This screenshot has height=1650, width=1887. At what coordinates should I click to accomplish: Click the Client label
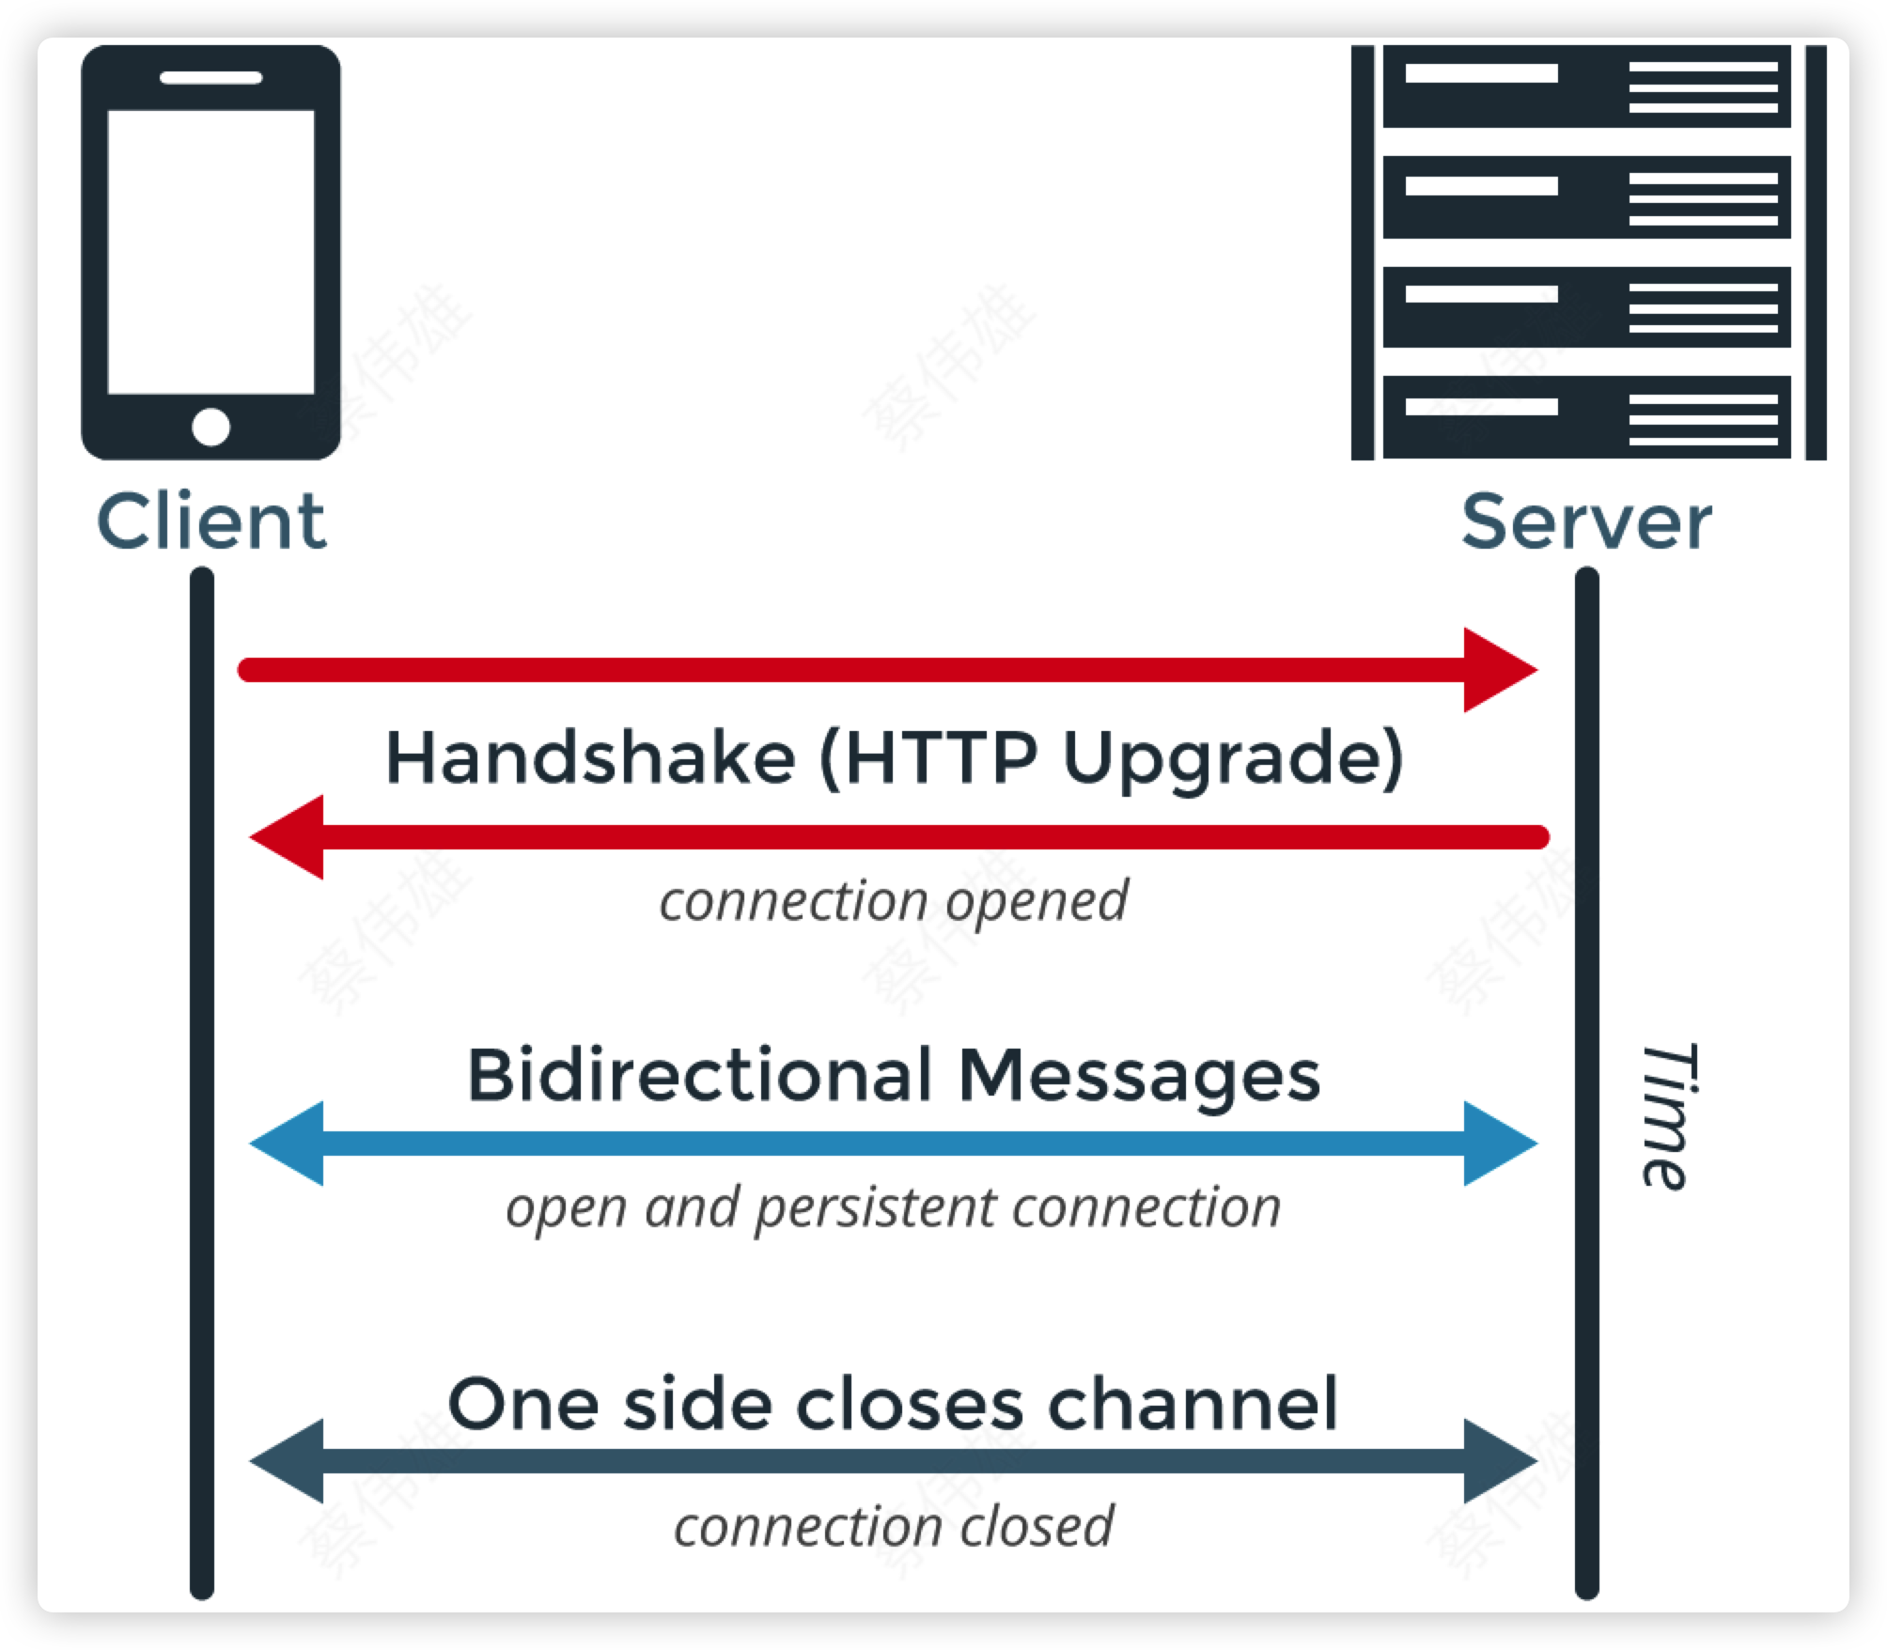pyautogui.click(x=211, y=522)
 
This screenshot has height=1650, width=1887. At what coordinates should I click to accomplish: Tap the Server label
pyautogui.click(x=1586, y=522)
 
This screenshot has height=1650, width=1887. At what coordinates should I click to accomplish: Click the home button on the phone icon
pyautogui.click(x=211, y=427)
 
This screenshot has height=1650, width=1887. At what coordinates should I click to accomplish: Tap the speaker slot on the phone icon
pyautogui.click(x=211, y=78)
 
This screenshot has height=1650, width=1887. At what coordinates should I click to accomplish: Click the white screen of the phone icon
pyautogui.click(x=211, y=252)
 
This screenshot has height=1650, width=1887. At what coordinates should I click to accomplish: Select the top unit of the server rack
pyautogui.click(x=1586, y=86)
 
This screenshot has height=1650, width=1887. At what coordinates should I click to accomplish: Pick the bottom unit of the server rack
pyautogui.click(x=1586, y=417)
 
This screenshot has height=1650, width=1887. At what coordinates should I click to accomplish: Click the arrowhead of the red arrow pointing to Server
pyautogui.click(x=1498, y=670)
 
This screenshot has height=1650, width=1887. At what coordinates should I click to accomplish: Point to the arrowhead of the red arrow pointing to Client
pyautogui.click(x=288, y=836)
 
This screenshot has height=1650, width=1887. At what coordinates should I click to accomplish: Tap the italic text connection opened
pyautogui.click(x=893, y=901)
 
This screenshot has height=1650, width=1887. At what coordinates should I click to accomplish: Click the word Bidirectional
pyautogui.click(x=699, y=1075)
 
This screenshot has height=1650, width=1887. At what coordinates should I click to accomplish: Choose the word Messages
pyautogui.click(x=1139, y=1077)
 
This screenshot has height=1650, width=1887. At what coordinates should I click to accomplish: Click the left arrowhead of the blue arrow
pyautogui.click(x=288, y=1144)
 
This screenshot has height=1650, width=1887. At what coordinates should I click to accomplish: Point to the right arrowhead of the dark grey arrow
pyautogui.click(x=1498, y=1461)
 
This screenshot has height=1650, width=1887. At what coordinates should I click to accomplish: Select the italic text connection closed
pyautogui.click(x=893, y=1526)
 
